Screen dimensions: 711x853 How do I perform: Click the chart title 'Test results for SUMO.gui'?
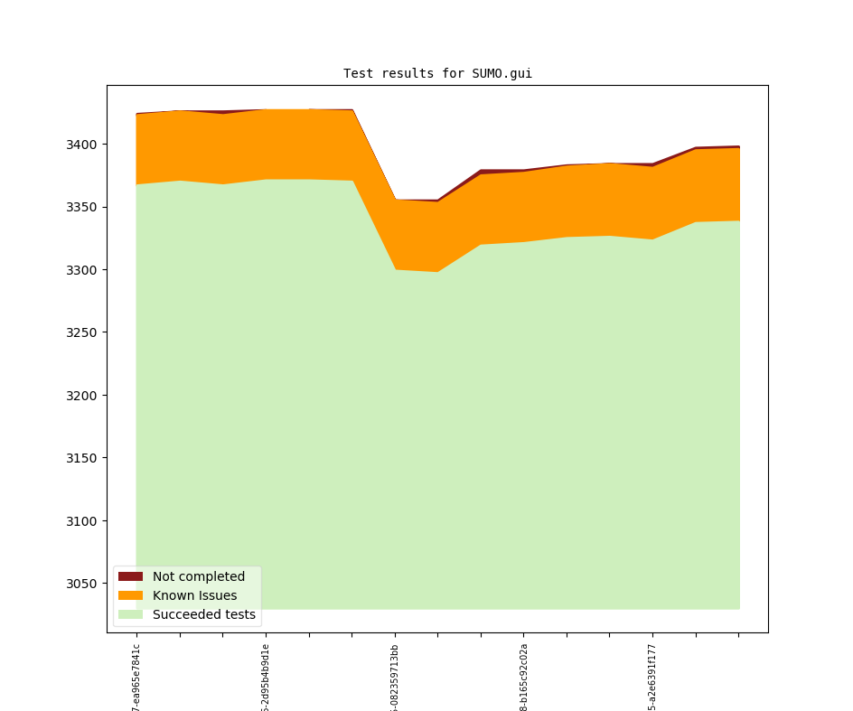[437, 73]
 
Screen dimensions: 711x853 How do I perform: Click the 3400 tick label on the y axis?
[84, 145]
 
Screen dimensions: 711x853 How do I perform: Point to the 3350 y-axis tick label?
[84, 207]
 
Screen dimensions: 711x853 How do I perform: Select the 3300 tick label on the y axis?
[84, 270]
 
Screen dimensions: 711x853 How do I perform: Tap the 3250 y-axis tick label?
[84, 332]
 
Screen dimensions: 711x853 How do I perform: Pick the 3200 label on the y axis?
[84, 396]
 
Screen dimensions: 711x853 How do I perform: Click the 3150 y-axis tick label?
[84, 458]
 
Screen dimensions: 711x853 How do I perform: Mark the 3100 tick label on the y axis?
[84, 521]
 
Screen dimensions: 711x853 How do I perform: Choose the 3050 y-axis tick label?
[84, 584]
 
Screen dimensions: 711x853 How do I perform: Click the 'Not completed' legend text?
[199, 576]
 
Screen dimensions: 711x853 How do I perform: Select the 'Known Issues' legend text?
[194, 595]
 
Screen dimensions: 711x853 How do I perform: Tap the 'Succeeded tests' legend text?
[204, 614]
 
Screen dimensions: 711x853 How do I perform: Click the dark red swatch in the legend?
[130, 576]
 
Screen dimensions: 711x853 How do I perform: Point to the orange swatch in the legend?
[130, 595]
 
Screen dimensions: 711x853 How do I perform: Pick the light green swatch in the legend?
[130, 614]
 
